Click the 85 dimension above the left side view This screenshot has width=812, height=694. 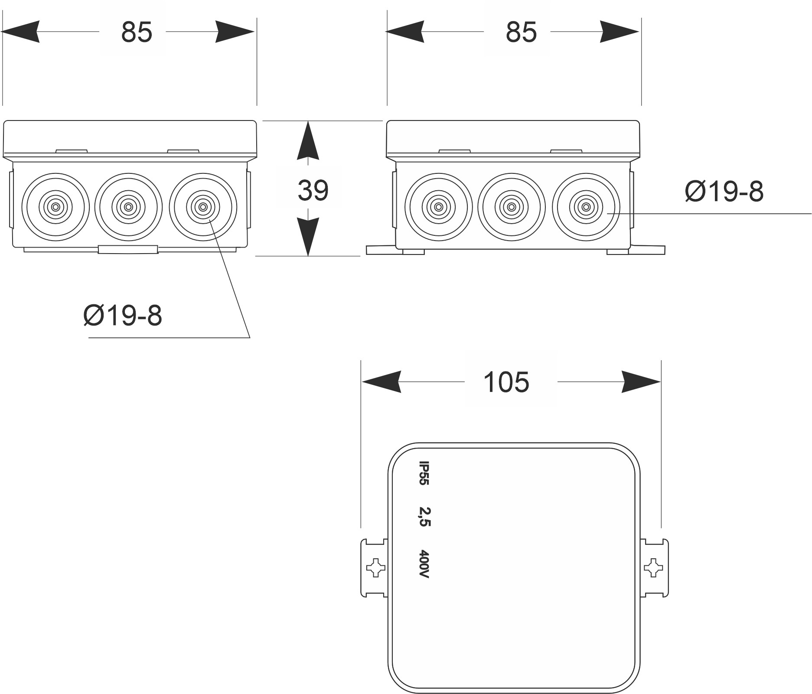click(x=136, y=32)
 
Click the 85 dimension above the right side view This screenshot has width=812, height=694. click(x=521, y=32)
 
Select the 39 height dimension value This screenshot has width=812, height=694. click(x=313, y=190)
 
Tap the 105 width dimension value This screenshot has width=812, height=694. click(x=506, y=382)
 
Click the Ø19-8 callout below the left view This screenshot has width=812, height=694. click(x=123, y=315)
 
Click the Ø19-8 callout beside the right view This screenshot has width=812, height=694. click(x=724, y=191)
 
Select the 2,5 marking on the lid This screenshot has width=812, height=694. click(x=424, y=516)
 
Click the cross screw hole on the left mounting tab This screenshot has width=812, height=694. click(x=375, y=568)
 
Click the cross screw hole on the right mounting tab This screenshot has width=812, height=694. click(x=652, y=568)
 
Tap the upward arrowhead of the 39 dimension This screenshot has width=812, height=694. click(x=308, y=141)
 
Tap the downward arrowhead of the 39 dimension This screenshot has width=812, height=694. click(x=308, y=236)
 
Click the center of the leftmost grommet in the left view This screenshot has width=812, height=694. click(x=55, y=207)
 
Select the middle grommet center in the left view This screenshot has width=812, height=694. click(x=128, y=207)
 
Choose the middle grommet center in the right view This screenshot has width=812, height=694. click(x=512, y=207)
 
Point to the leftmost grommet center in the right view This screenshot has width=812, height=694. click(x=439, y=207)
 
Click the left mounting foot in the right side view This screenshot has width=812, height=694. click(x=381, y=250)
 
